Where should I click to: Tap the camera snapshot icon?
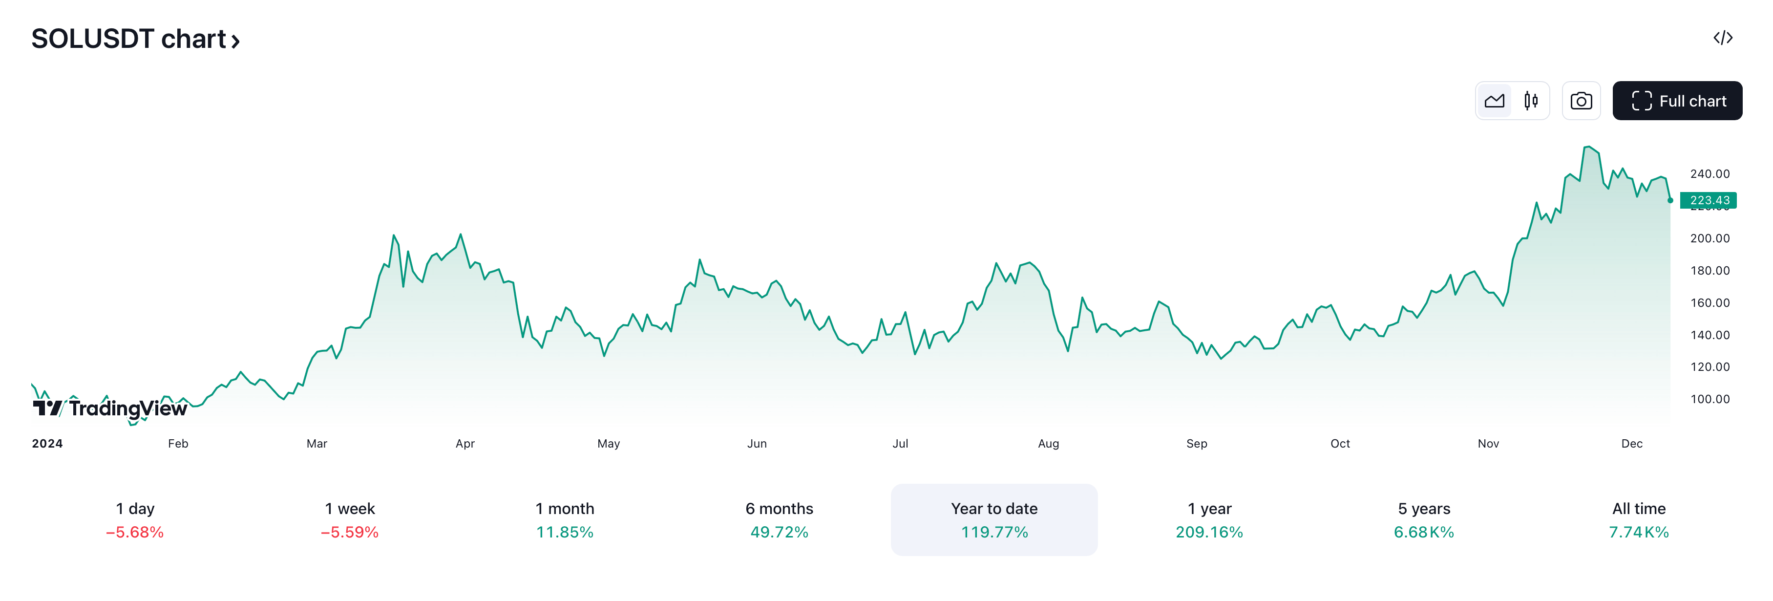[1581, 101]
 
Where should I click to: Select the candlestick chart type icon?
[1531, 101]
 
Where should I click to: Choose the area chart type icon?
[1494, 101]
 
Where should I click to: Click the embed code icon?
[1723, 38]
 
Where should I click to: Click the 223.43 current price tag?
[1709, 200]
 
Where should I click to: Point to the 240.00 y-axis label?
[1710, 174]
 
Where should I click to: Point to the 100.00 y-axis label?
[1710, 399]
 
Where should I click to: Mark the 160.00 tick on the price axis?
[1710, 303]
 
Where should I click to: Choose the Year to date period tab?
[994, 520]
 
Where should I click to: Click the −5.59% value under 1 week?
[350, 532]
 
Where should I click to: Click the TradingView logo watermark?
[110, 408]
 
